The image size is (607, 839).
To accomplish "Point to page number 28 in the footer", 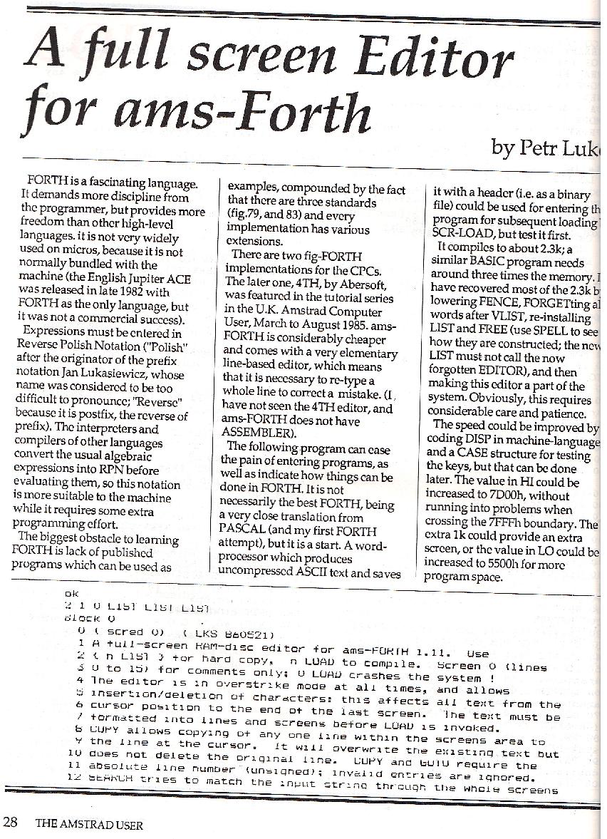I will (x=10, y=824).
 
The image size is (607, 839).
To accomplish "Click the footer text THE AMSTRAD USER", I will (x=89, y=825).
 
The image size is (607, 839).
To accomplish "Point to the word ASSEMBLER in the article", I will (x=256, y=433).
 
